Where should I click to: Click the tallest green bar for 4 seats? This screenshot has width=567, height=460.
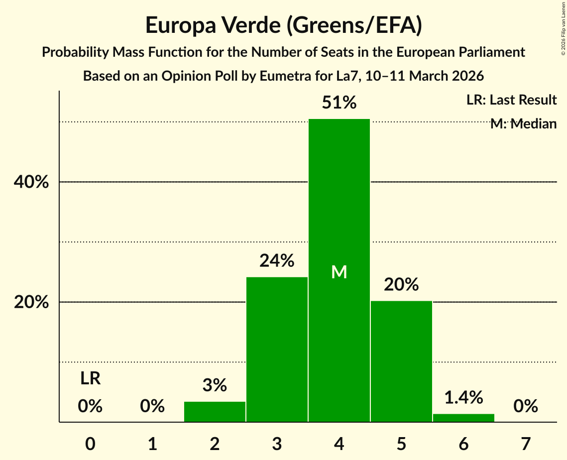click(x=339, y=199)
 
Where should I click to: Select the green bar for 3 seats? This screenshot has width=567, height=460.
click(x=277, y=348)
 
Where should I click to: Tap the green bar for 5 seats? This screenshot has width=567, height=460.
click(x=401, y=361)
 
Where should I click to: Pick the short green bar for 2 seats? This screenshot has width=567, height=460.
click(x=215, y=412)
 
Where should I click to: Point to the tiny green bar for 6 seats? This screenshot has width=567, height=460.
click(x=463, y=418)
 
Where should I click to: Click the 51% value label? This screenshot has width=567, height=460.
click(x=339, y=103)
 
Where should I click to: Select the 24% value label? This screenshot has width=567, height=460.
click(x=277, y=260)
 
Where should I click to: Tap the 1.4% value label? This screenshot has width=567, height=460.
click(x=463, y=397)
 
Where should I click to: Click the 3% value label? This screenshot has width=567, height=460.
click(x=215, y=385)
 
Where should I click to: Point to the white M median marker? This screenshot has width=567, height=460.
click(x=339, y=272)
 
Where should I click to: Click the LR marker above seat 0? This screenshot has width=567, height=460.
click(x=90, y=378)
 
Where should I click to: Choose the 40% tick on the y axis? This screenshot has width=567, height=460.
click(x=31, y=182)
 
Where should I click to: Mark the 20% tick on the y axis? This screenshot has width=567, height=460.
click(x=31, y=302)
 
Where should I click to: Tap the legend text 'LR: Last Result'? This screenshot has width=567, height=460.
click(x=511, y=100)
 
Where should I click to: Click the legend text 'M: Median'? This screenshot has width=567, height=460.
click(x=523, y=123)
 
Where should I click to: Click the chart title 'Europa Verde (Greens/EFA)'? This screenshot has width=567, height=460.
click(x=284, y=25)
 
